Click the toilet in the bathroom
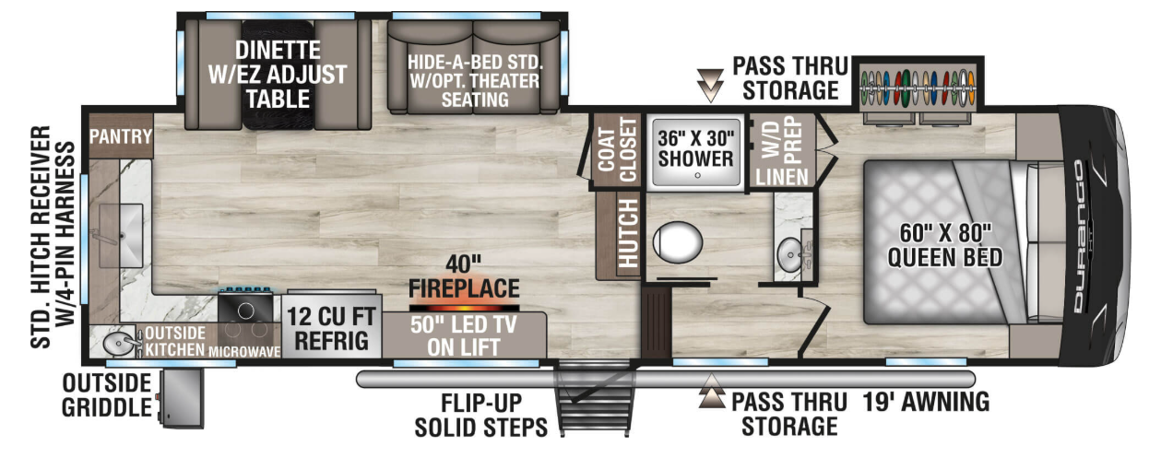tap(677, 242)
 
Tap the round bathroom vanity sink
tap(790, 254)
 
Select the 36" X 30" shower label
tap(695, 148)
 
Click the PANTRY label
tap(121, 136)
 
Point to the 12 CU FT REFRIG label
tap(331, 328)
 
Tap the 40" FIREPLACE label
tap(464, 277)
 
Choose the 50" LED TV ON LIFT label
tap(463, 336)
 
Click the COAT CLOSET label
tap(617, 150)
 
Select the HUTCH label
tap(628, 233)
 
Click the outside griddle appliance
tap(182, 399)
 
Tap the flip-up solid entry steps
tap(596, 399)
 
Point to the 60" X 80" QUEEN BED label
tap(944, 245)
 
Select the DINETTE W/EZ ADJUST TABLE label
tap(278, 75)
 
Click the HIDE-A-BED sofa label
tap(475, 81)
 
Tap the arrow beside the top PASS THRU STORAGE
tap(710, 86)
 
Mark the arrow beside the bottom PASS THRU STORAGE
tap(712, 392)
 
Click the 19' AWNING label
tap(926, 403)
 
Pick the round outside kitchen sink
tap(118, 344)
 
